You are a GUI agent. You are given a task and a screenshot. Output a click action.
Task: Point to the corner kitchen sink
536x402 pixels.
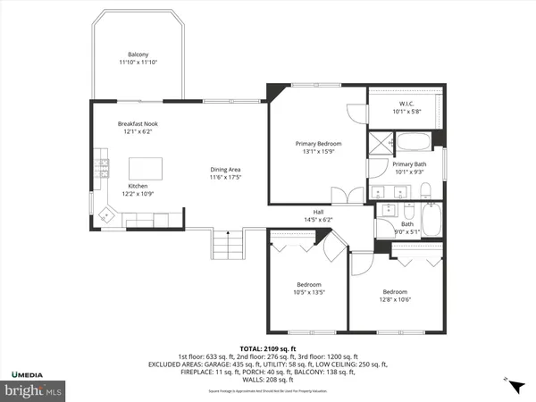pos(110,214)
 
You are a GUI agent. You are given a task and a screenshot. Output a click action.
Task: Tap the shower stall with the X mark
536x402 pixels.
pos(383,141)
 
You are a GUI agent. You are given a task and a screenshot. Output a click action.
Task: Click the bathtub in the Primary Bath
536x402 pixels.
pos(413,141)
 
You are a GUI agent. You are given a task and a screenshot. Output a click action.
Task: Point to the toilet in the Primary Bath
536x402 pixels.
pos(426,189)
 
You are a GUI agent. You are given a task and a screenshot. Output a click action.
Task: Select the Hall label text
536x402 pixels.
pos(318,211)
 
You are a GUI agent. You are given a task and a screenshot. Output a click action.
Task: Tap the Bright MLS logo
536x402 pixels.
pos(36,390)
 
